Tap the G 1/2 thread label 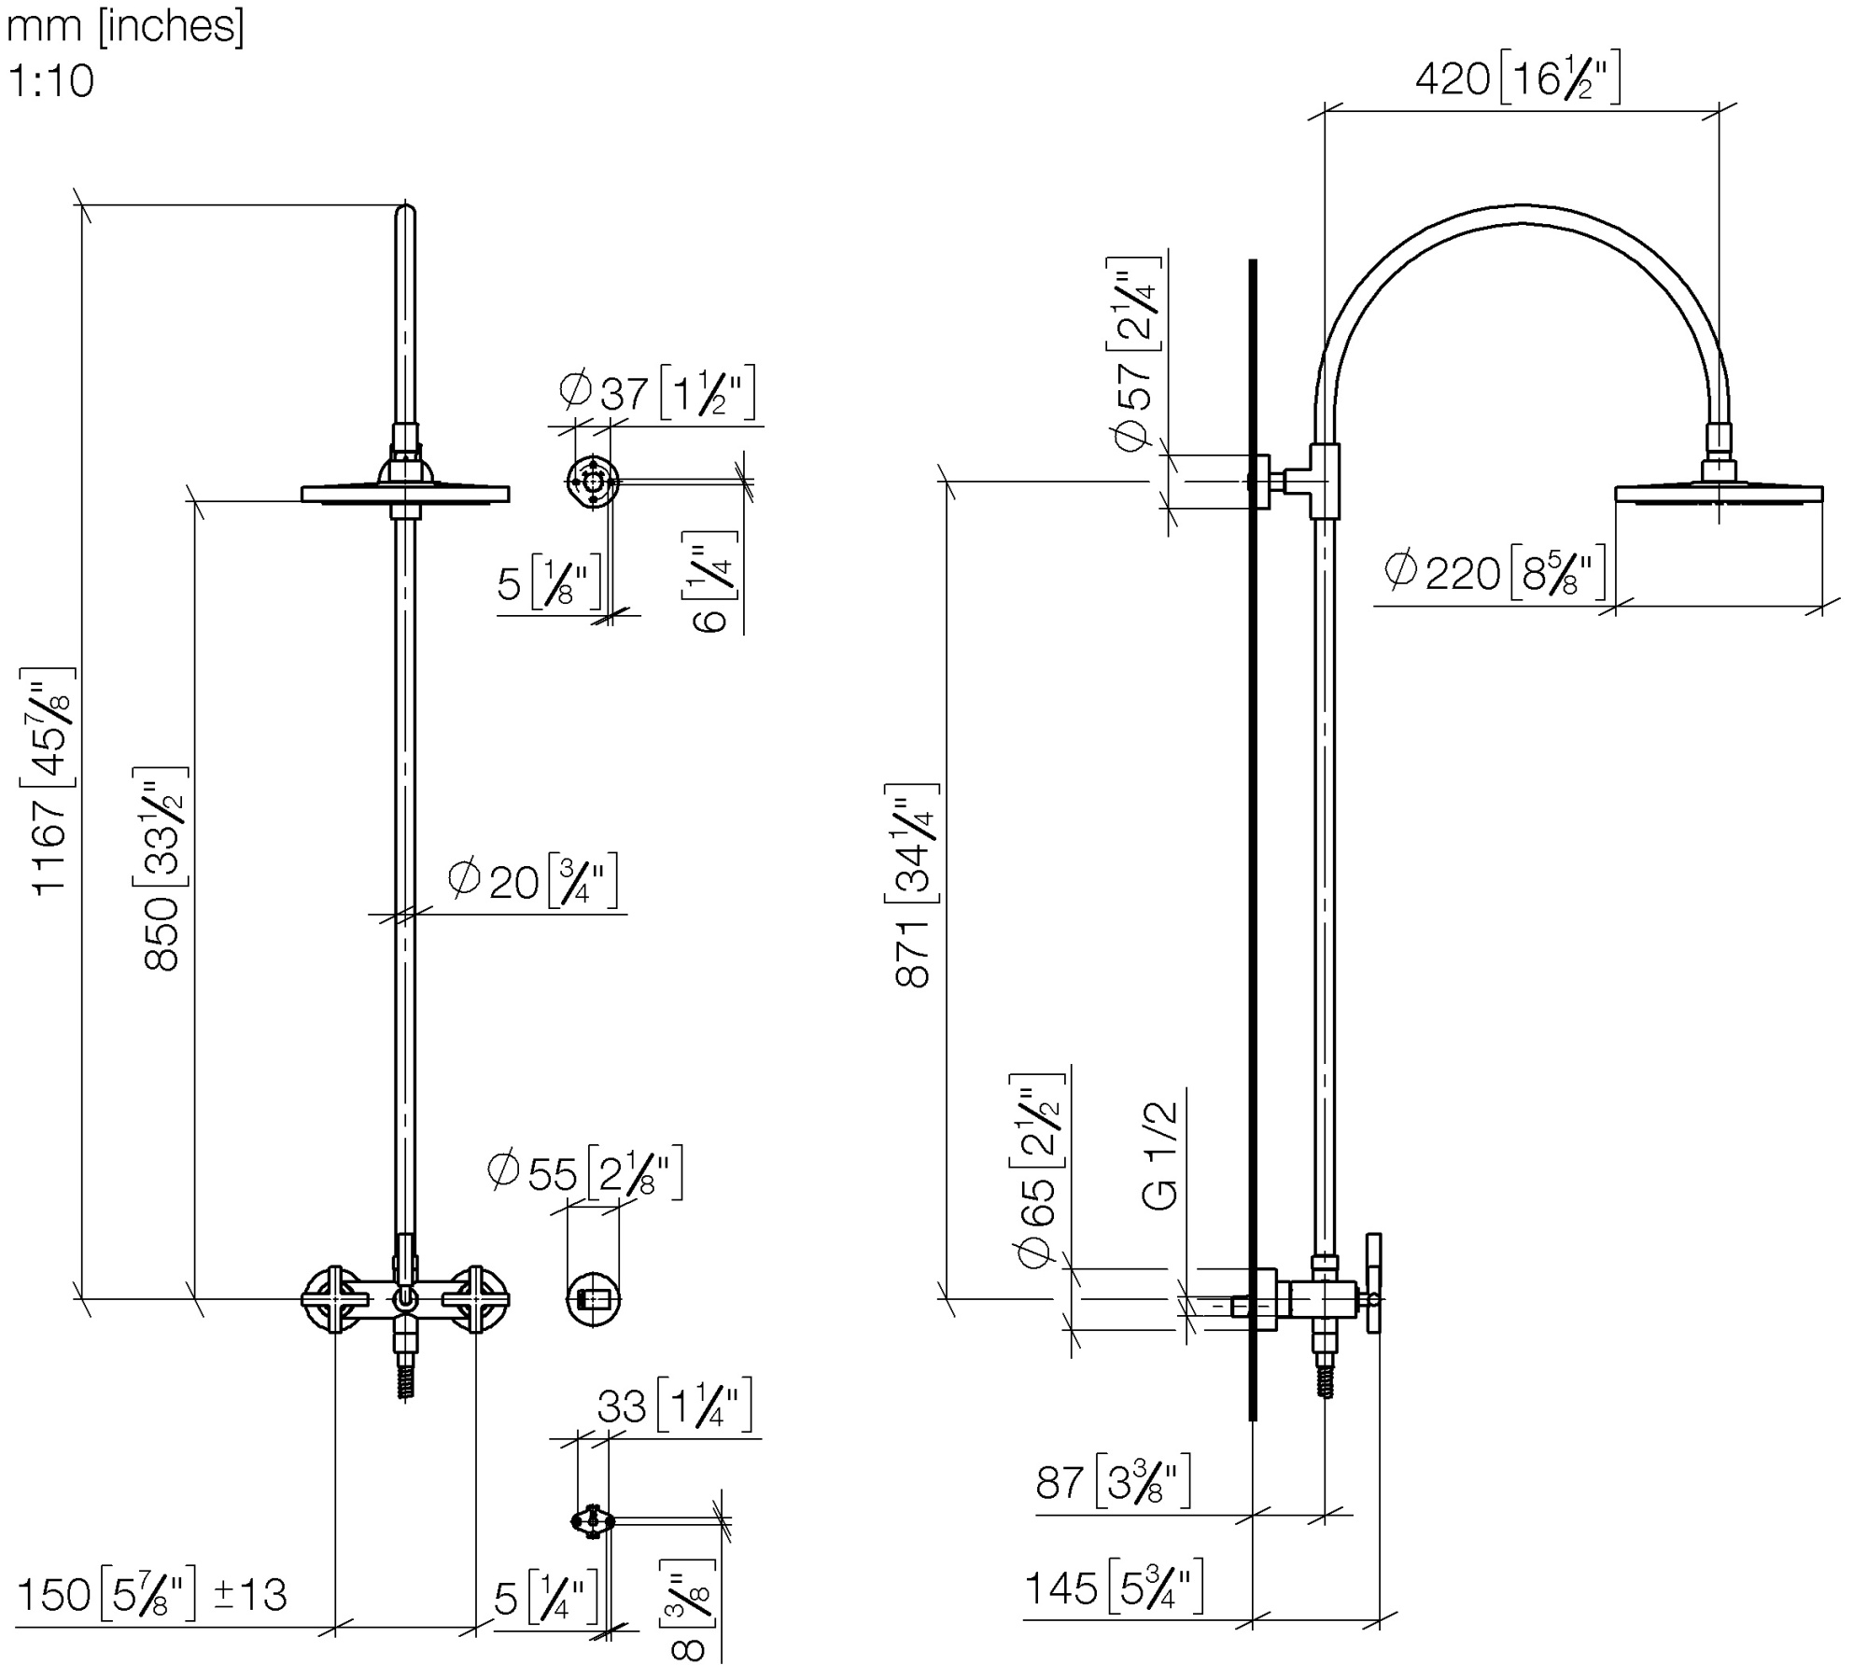1160,1156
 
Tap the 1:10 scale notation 51,81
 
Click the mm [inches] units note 125,26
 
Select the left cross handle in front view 334,1298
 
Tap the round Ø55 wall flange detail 594,1298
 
